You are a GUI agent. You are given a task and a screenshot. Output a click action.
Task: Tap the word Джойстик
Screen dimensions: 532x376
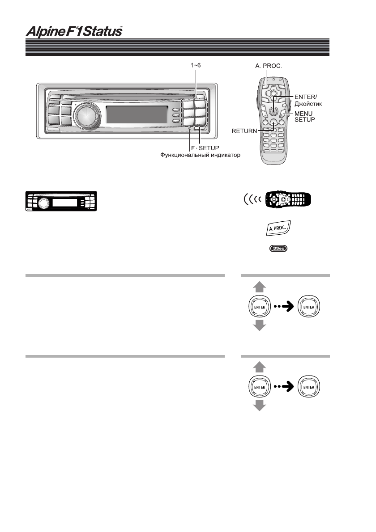308,103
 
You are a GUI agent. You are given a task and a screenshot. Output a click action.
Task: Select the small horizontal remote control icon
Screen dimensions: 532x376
288,199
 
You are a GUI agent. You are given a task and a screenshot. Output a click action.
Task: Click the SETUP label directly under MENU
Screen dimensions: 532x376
303,120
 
